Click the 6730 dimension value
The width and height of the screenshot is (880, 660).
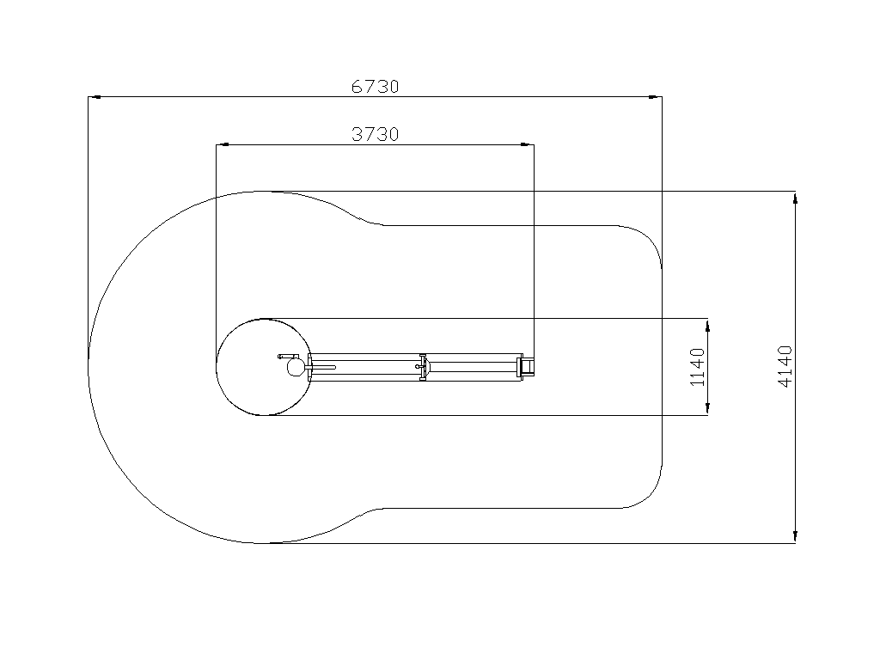click(x=375, y=87)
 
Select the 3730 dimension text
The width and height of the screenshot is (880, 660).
click(x=375, y=134)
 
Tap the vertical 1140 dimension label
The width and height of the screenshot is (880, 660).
click(x=697, y=367)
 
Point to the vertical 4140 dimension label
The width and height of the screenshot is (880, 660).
click(x=785, y=366)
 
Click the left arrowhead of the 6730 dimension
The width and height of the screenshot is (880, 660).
click(x=95, y=97)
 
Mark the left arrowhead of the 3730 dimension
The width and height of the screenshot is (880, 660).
click(x=223, y=144)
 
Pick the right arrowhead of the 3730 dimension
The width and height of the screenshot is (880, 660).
click(x=528, y=144)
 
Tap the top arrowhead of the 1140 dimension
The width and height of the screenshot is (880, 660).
click(x=708, y=325)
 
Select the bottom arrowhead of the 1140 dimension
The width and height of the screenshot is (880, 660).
click(x=708, y=409)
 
